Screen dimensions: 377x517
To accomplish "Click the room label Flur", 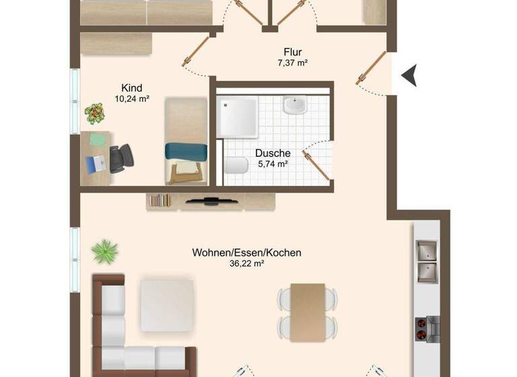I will pos(291,52).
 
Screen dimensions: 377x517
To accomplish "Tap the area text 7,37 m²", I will pos(291,63).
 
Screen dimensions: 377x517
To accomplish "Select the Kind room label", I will pos(131,88).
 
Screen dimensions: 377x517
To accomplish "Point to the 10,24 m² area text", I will pos(131,98).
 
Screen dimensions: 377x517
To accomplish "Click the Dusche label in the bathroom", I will pos(273,153).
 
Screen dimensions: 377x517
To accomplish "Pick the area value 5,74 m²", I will pos(273,164).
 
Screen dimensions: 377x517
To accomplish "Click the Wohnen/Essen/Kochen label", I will pos(246,253).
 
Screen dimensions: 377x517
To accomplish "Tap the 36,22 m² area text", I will pos(246,264).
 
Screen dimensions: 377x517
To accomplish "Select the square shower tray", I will pos(238,116).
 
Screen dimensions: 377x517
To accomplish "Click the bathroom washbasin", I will pos(294,106).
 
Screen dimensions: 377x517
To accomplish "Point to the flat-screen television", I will pos(211,200).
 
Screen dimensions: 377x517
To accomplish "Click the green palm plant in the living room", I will pos(104,251).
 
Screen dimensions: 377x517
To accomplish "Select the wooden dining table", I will pos(308,309).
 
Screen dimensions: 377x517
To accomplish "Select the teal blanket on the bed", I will pos(185,151).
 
